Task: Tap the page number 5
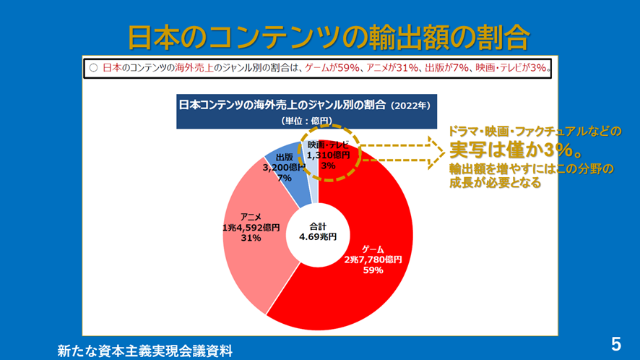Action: (x=616, y=343)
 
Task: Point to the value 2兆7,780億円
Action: (x=373, y=260)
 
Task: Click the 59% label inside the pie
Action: (x=373, y=270)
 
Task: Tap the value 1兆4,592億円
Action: (x=251, y=227)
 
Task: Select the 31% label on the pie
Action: (x=251, y=238)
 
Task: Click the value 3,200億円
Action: (x=284, y=167)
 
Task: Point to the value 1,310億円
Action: (x=329, y=155)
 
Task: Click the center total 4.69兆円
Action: (x=318, y=236)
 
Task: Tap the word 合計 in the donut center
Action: (x=318, y=224)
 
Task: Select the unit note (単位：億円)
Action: (x=306, y=121)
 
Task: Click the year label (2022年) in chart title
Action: (x=410, y=105)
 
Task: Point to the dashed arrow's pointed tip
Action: (x=443, y=150)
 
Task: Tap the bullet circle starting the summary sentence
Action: (x=92, y=68)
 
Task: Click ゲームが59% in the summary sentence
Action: (x=333, y=68)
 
